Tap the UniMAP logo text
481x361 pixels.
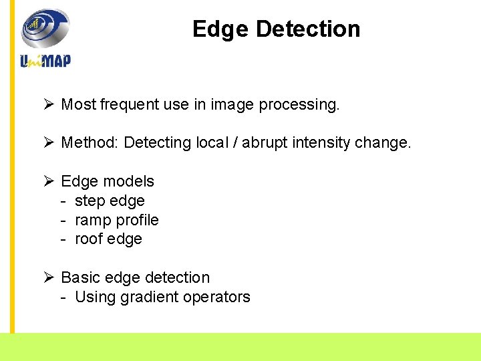(x=45, y=60)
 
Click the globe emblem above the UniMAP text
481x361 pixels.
(x=45, y=28)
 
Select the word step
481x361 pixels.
(x=90, y=201)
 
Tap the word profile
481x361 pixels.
(x=137, y=220)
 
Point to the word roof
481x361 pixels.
(x=89, y=239)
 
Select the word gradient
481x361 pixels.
(x=147, y=297)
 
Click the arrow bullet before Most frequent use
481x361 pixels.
(x=48, y=104)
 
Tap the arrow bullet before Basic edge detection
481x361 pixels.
(x=48, y=277)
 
